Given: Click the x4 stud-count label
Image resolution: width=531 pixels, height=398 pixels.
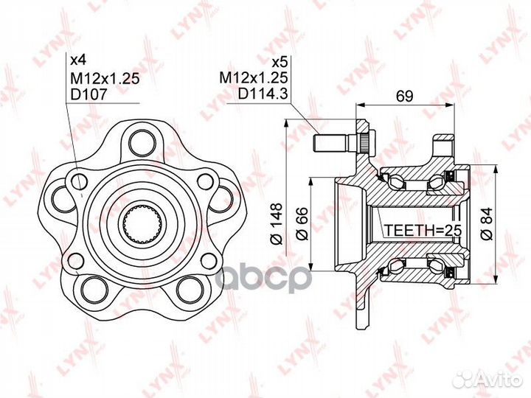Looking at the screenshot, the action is (78, 60).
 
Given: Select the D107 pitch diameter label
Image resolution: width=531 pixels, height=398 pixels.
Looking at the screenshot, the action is (88, 94).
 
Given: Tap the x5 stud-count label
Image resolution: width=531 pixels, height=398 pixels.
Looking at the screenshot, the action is (280, 62).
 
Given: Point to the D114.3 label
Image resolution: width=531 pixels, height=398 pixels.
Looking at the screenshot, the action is (263, 94).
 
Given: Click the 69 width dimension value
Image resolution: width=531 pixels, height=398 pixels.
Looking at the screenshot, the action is (405, 96).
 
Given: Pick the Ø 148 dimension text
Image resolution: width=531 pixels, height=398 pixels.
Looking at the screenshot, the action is (277, 223).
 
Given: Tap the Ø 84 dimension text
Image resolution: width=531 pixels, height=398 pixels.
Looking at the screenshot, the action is (487, 223).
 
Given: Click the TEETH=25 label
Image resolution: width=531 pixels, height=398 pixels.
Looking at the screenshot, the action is (423, 231).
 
